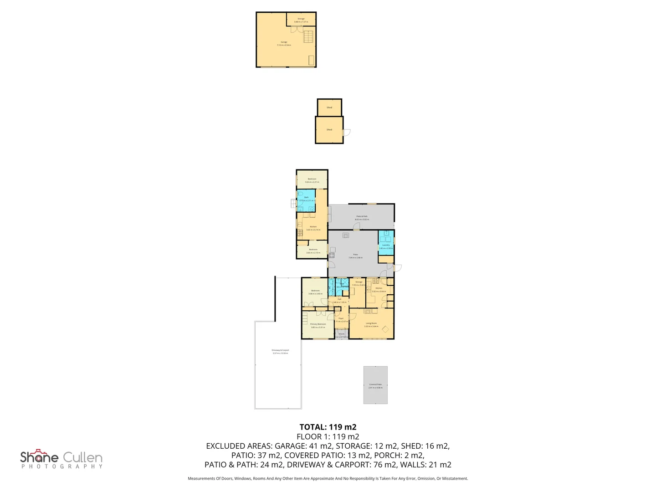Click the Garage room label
(284, 42)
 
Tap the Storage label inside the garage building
(301, 19)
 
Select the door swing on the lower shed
(346, 133)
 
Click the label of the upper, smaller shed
(329, 108)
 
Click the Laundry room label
(386, 245)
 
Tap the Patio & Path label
(362, 216)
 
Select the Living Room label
(371, 323)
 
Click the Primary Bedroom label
(318, 324)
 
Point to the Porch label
(342, 334)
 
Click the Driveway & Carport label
(280, 350)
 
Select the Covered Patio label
(375, 384)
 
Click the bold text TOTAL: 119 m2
(328, 427)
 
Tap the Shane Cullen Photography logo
(61, 459)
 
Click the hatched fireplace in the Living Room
(370, 311)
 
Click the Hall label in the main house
(339, 299)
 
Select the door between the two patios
(356, 226)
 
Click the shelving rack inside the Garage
(309, 36)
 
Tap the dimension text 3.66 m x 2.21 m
(312, 182)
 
